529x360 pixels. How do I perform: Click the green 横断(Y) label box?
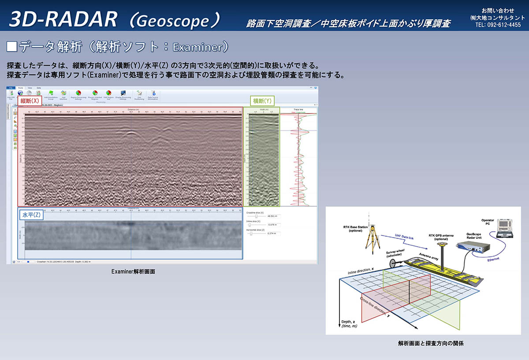tap(262, 100)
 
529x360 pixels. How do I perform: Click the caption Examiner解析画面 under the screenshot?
tap(133, 272)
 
